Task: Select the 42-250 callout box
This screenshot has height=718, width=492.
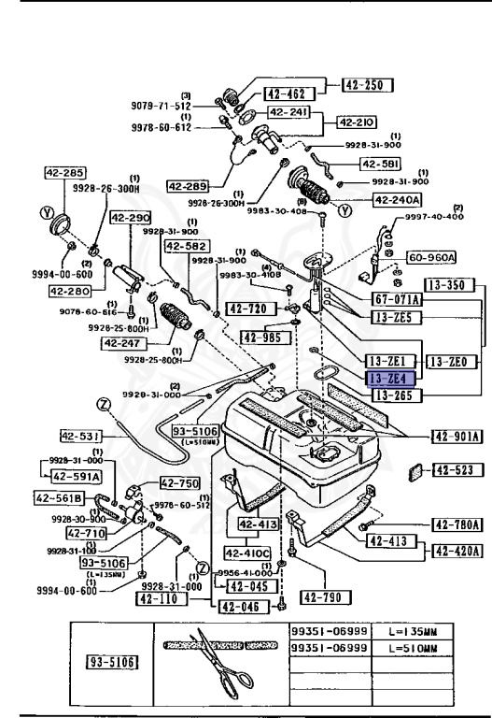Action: [366, 85]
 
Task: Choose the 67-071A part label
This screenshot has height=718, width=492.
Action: [397, 299]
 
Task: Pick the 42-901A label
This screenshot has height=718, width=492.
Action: [456, 435]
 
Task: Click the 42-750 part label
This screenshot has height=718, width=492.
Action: [179, 483]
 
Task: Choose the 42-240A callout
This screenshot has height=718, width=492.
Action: [397, 199]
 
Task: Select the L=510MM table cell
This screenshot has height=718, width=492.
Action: [414, 649]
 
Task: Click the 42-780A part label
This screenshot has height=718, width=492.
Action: [456, 525]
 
